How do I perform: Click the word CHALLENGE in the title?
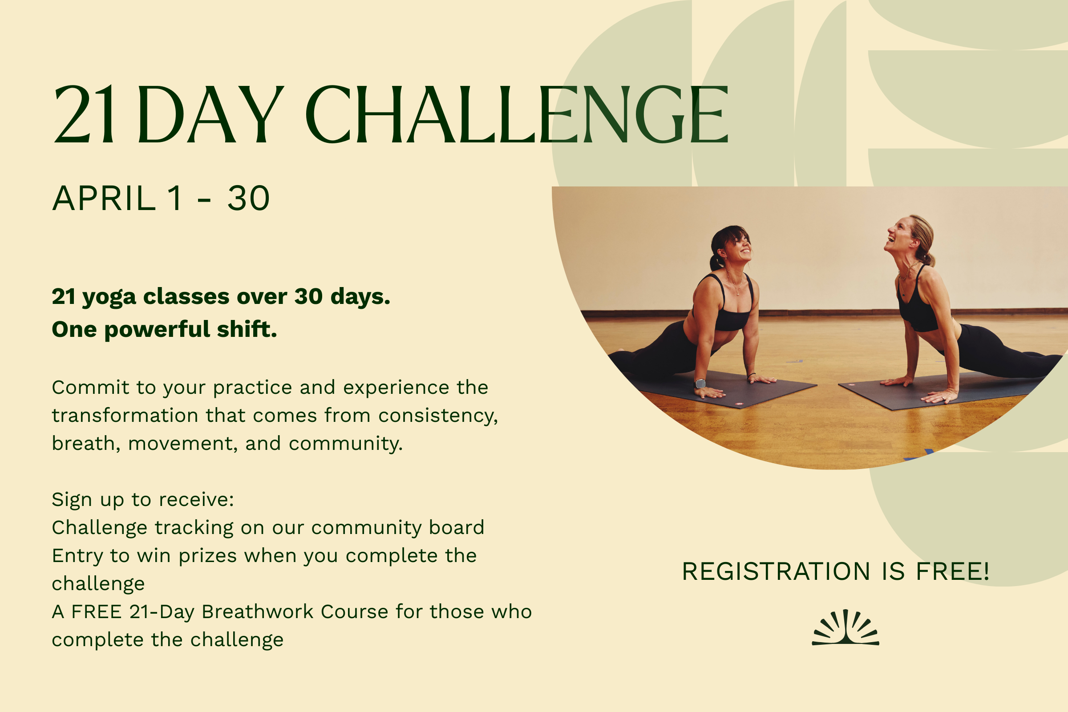tap(517, 115)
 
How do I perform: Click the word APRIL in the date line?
tap(104, 199)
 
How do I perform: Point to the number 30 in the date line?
tap(248, 199)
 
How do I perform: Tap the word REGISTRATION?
tap(776, 571)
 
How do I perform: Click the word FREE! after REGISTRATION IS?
tap(953, 571)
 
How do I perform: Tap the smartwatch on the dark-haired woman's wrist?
tap(700, 384)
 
